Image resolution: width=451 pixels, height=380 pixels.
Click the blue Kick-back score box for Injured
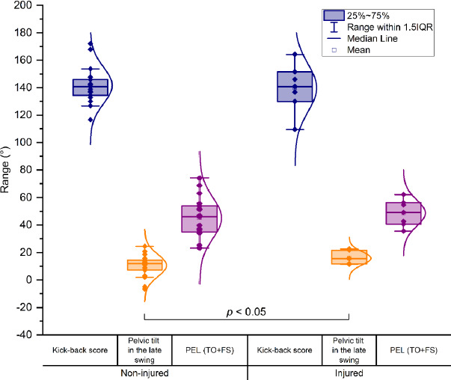tap(295, 86)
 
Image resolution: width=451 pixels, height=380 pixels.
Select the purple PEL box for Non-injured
tap(199, 218)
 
